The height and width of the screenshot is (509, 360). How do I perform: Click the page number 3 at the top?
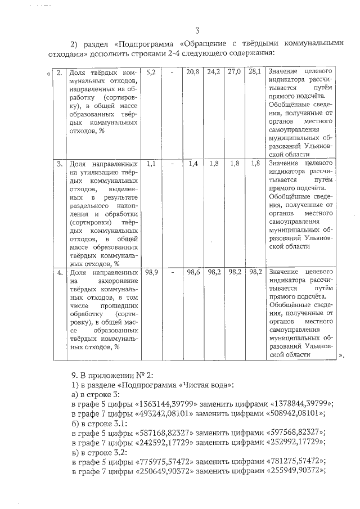click(197, 30)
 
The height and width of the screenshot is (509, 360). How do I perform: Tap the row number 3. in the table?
click(59, 163)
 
